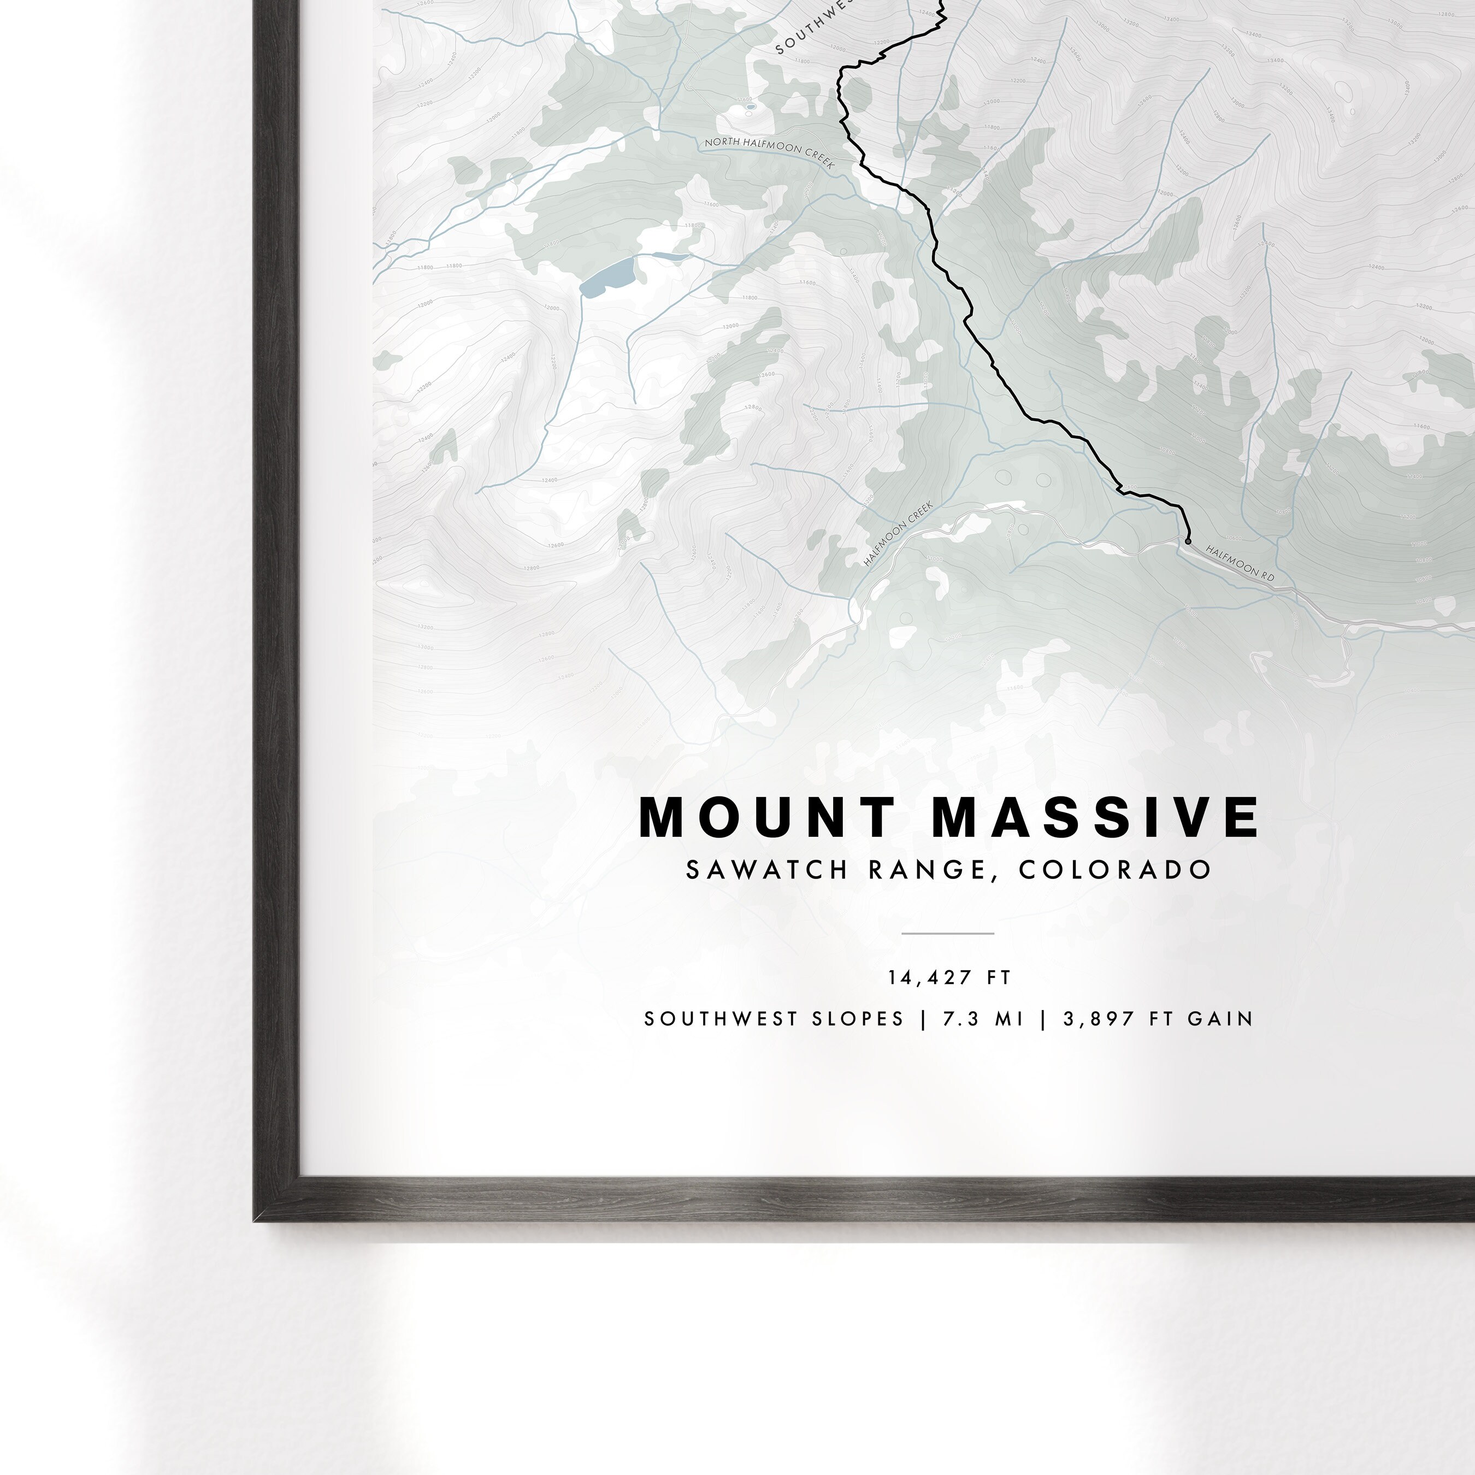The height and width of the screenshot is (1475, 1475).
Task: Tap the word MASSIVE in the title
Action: tap(1095, 818)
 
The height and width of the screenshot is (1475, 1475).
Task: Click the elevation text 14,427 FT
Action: tap(949, 978)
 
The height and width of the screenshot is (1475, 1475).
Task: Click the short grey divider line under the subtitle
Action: tap(947, 933)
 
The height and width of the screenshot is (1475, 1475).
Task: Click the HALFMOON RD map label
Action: tap(1240, 563)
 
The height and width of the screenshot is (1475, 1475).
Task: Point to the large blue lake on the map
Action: tap(607, 276)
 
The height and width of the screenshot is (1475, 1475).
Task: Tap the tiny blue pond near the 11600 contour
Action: tap(751, 107)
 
